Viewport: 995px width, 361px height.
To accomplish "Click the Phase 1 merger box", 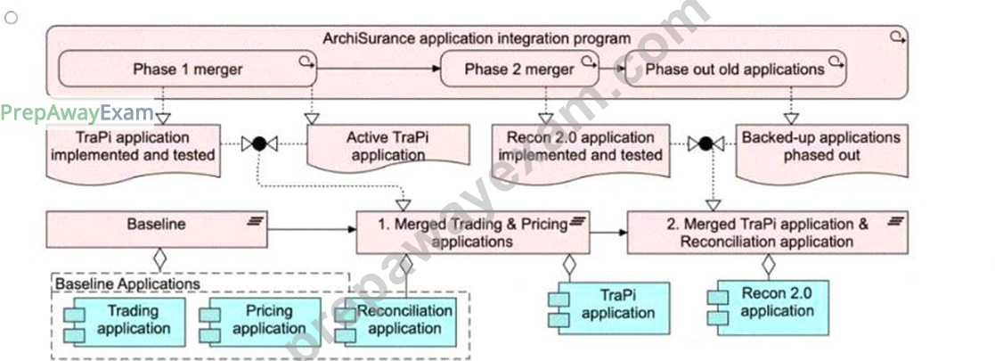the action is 187,69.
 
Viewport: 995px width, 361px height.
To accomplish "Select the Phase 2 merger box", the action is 519,69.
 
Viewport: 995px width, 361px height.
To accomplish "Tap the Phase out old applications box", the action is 736,69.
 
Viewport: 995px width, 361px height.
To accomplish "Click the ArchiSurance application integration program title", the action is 477,38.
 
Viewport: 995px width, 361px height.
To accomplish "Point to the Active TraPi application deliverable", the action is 387,146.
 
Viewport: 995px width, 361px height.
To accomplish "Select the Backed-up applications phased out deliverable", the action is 821,150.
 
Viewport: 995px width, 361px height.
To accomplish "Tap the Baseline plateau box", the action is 157,230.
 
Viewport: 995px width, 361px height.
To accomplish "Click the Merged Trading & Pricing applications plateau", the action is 473,233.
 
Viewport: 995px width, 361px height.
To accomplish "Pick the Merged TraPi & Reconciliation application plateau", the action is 767,233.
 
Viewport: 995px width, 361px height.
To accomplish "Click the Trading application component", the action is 125,322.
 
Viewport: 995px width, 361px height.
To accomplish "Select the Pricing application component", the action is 260,322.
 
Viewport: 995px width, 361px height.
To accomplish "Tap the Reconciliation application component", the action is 396,322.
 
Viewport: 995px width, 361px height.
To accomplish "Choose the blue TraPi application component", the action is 608,308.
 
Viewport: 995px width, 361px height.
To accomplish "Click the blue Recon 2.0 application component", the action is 768,308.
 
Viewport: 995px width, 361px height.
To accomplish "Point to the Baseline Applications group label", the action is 127,283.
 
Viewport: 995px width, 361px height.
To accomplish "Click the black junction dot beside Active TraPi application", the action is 258,144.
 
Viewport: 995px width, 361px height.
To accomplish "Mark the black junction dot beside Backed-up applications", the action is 705,144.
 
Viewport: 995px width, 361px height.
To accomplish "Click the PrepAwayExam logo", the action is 77,113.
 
